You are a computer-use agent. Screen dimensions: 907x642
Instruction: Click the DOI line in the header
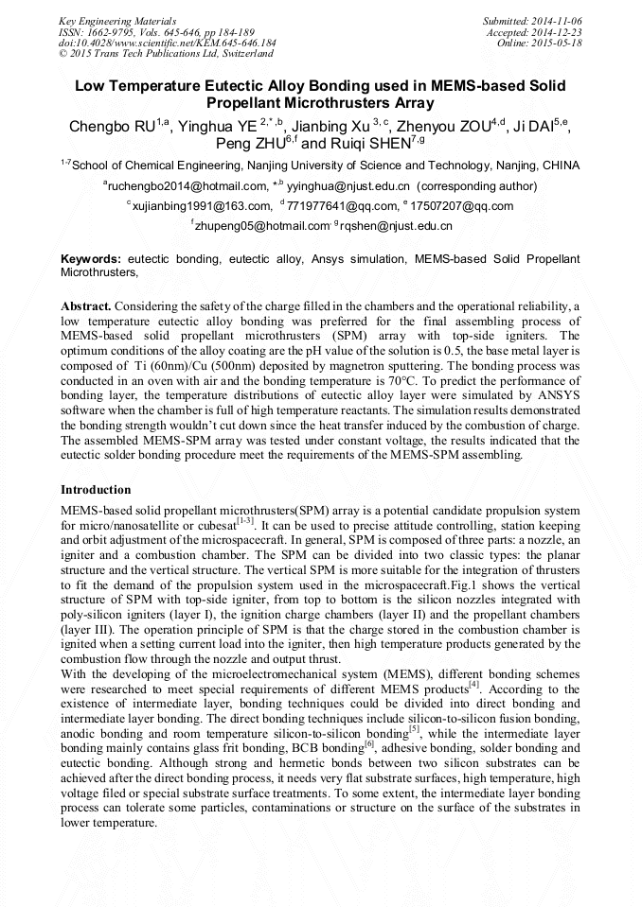167,43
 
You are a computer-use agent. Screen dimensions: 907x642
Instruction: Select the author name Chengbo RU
113,127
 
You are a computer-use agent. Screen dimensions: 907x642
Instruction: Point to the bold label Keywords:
91,258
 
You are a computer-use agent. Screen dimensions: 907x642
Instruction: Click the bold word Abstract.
86,307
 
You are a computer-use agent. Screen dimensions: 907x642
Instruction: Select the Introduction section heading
96,490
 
